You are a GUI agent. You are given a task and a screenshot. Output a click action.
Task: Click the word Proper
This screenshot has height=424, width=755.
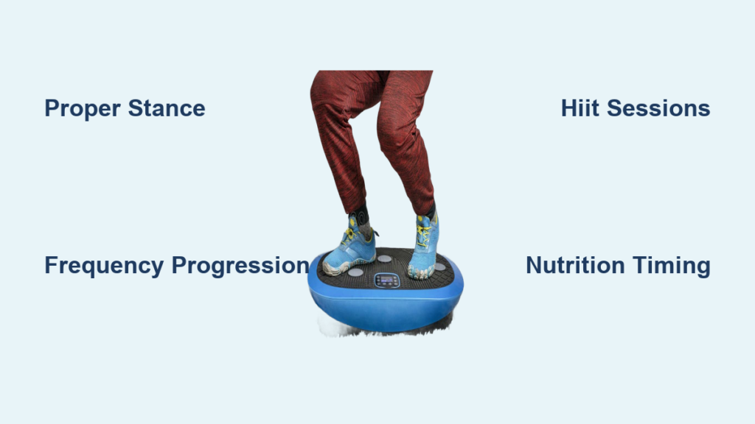pos(83,109)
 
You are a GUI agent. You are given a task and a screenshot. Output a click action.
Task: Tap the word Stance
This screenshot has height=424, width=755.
pos(167,108)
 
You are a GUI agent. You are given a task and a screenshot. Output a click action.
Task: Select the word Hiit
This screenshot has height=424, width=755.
pos(580,108)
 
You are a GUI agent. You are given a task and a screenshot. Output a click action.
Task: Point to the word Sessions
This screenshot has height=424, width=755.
pos(658,108)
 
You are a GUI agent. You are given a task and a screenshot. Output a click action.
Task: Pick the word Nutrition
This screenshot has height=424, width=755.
pos(575,265)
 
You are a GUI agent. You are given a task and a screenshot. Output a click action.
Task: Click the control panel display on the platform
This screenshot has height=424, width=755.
pos(387,280)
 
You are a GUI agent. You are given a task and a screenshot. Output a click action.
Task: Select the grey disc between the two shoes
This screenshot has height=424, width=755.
pos(384,258)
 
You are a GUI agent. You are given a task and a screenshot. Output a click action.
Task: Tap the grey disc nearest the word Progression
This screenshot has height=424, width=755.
pos(355,272)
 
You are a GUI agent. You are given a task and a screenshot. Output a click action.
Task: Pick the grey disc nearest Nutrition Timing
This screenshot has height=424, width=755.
pos(440,266)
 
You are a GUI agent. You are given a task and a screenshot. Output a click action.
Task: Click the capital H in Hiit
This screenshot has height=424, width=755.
pos(570,108)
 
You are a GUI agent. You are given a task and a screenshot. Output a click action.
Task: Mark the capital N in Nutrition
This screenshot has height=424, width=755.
pos(535,265)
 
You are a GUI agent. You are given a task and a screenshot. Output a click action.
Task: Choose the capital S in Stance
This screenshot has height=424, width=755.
pos(136,108)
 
